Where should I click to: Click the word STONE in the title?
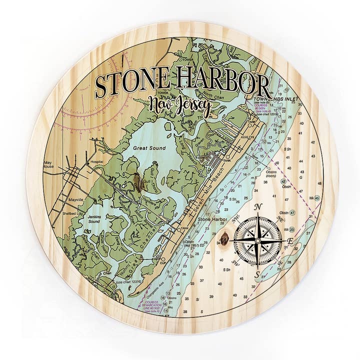point(131,84)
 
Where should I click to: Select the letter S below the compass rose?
point(257,275)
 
